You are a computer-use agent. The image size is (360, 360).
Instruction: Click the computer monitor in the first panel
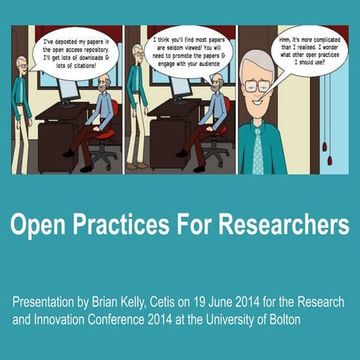pos(69,90)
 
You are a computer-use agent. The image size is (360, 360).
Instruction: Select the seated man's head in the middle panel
pos(217,83)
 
